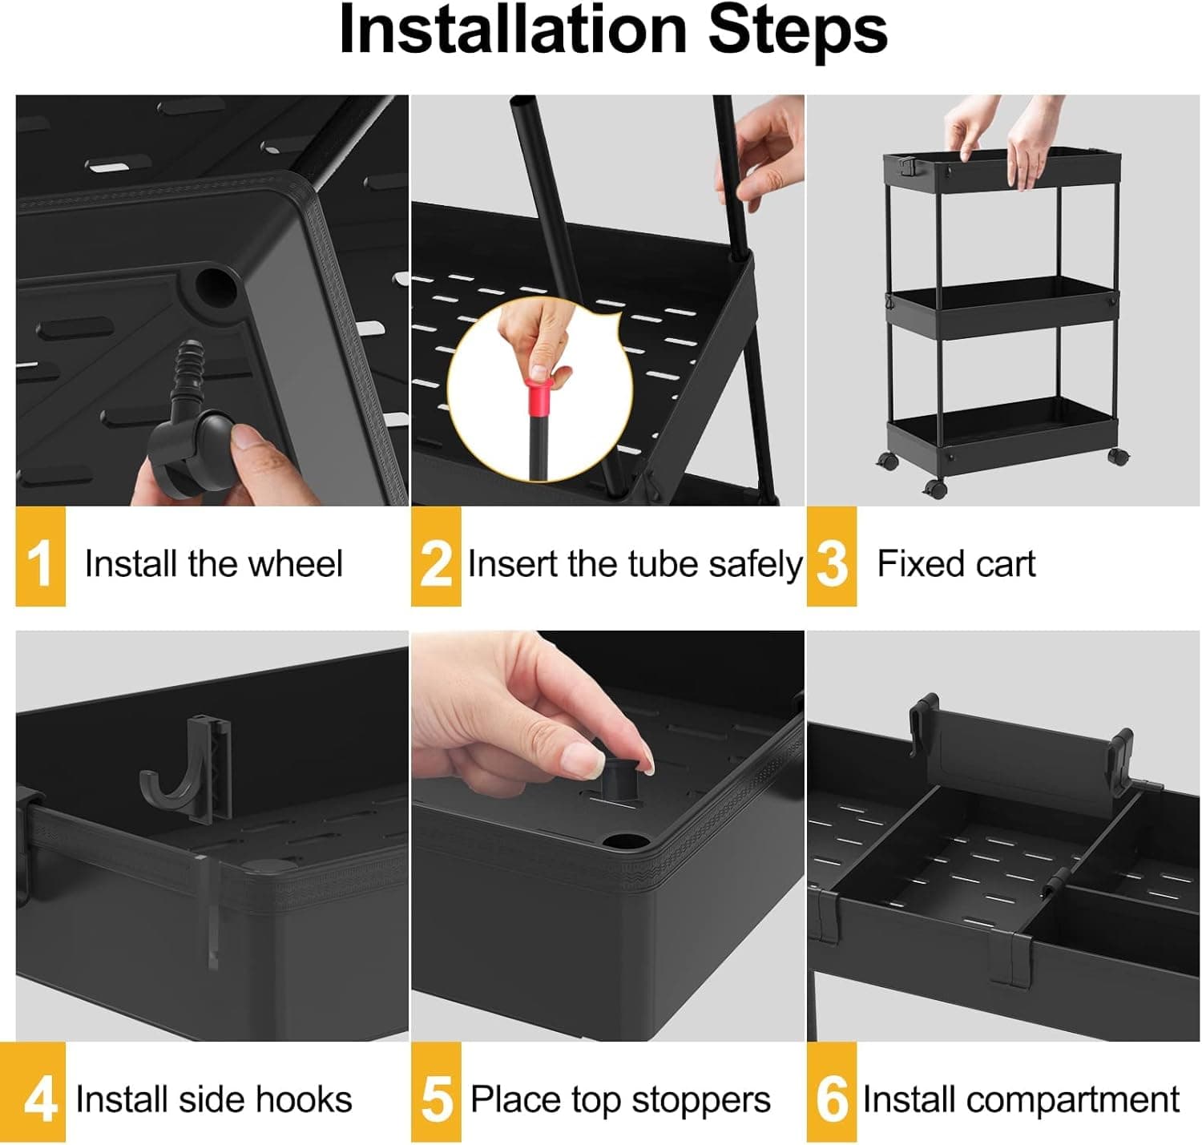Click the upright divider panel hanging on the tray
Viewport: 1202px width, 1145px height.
tap(1018, 761)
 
